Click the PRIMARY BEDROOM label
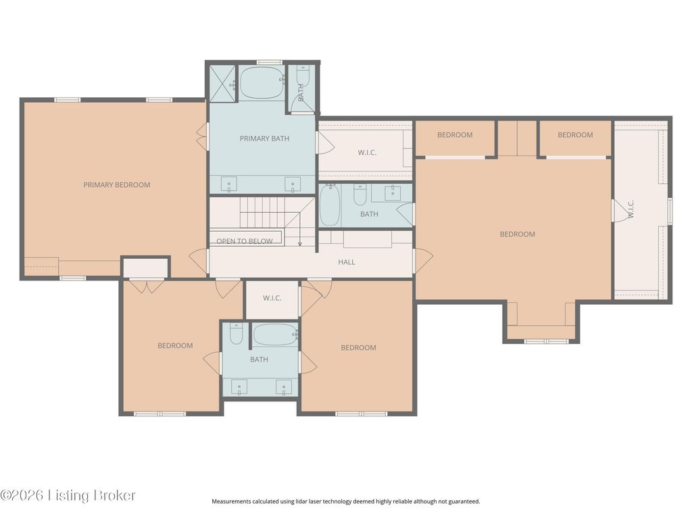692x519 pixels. (116, 185)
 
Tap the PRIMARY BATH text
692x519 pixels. (264, 139)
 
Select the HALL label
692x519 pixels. (347, 262)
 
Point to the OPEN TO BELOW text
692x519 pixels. (245, 241)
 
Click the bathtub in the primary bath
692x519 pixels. (262, 82)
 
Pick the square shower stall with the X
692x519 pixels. (223, 84)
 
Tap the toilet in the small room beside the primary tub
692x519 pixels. (303, 76)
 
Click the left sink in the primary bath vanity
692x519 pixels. (228, 184)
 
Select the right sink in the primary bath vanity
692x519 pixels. (292, 184)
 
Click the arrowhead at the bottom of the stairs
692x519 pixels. (299, 243)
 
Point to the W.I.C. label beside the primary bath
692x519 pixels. (367, 153)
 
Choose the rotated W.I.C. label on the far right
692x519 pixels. (631, 209)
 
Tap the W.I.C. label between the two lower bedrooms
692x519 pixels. (272, 298)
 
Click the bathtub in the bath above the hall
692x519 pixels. (329, 205)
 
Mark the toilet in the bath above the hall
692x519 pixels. (360, 195)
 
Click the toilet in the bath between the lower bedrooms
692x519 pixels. (237, 334)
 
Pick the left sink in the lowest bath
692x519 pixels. (239, 387)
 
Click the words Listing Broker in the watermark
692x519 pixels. (92, 495)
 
